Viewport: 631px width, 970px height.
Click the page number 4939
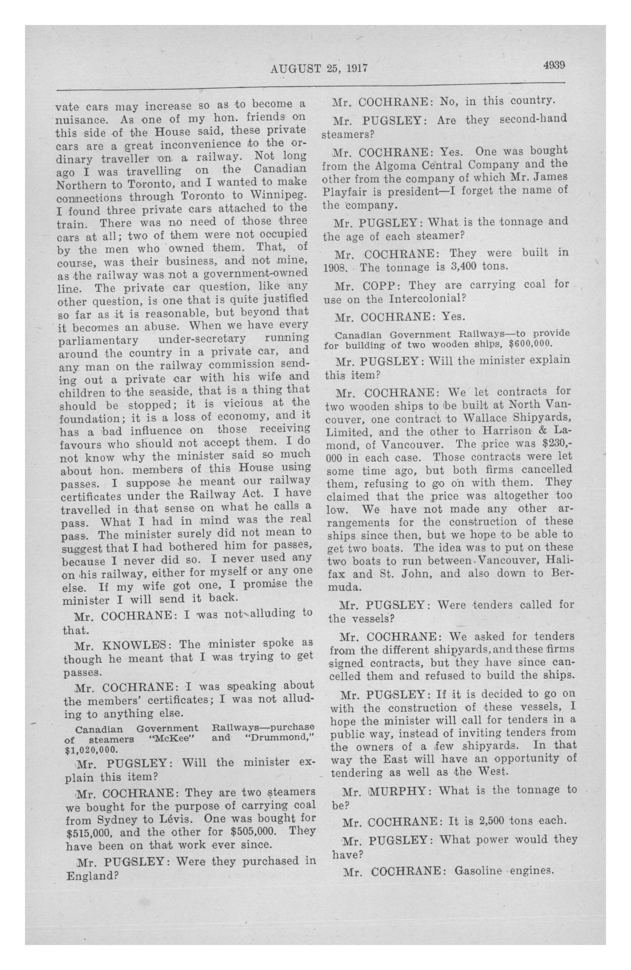click(x=553, y=66)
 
